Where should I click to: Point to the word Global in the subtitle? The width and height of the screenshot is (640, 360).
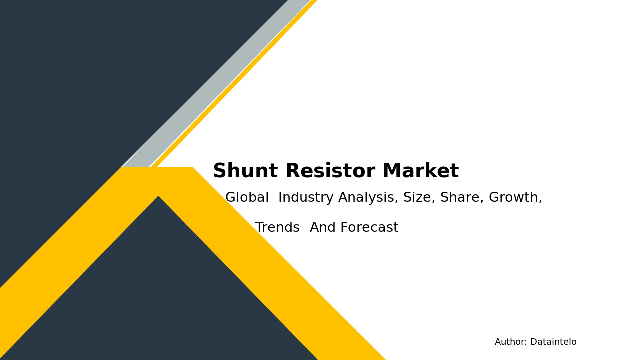[247, 198]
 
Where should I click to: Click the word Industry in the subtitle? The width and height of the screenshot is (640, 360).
[306, 198]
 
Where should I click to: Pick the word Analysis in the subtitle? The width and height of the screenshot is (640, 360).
[368, 198]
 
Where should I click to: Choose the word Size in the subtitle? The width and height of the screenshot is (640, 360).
[419, 198]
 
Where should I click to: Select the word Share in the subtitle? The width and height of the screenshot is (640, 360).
[462, 198]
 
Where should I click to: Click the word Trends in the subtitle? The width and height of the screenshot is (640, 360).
[277, 228]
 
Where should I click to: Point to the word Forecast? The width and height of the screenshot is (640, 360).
[369, 228]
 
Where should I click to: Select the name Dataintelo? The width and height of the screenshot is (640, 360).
[553, 342]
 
